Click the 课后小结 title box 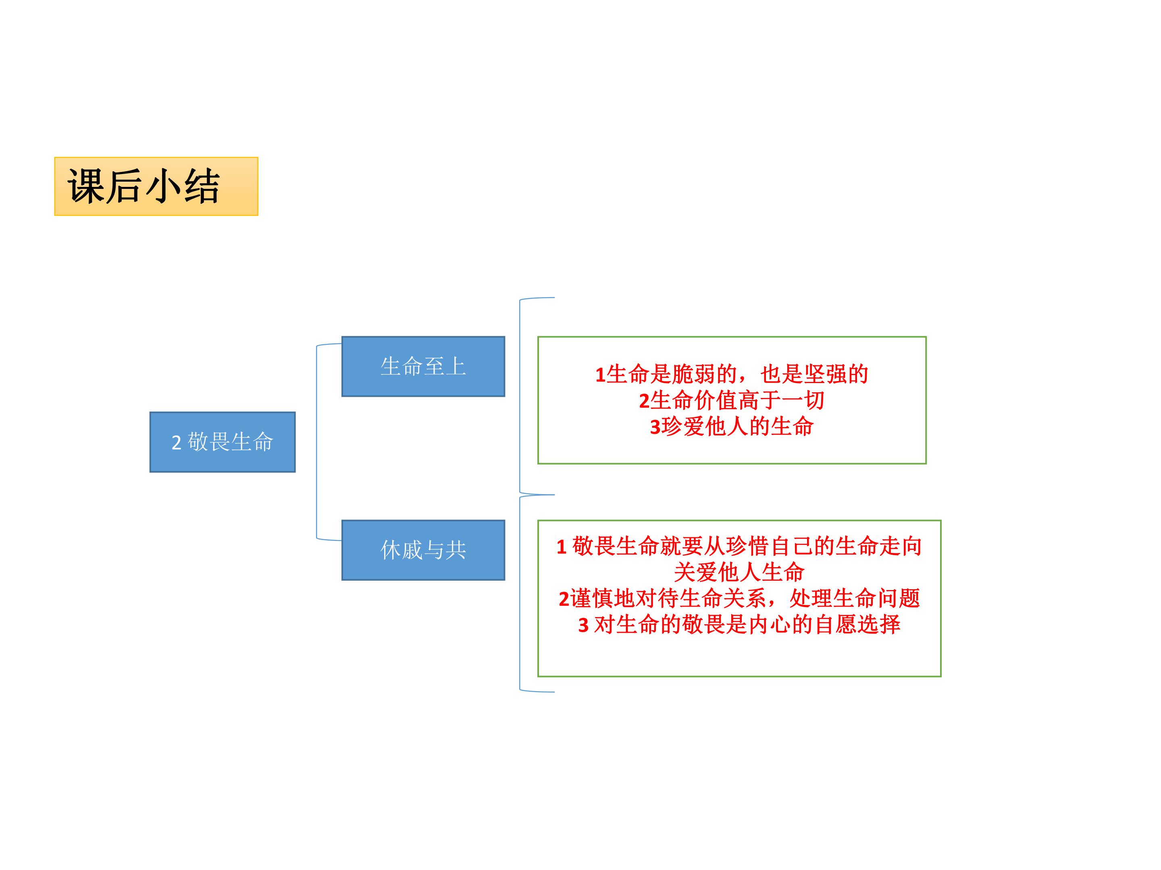156,186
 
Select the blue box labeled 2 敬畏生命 223,442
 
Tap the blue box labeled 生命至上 423,367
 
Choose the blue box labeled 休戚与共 423,550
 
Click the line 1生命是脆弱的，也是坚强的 732,375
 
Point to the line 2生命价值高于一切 732,401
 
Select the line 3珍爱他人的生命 732,427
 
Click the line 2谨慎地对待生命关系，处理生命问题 739,599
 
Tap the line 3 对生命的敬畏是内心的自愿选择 739,625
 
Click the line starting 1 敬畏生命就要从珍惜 739,547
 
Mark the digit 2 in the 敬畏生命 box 176,443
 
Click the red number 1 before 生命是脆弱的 600,375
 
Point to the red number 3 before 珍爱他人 655,428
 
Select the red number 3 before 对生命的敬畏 584,626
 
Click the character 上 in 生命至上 456,367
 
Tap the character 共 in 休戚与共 456,550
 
